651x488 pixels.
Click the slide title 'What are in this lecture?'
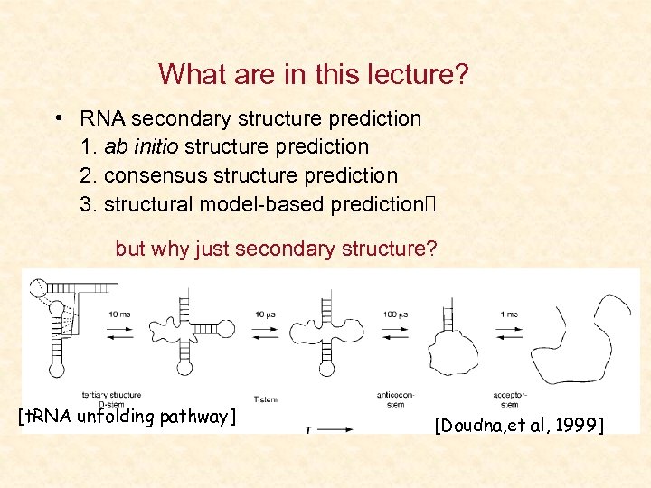pos(314,74)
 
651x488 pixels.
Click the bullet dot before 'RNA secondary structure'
pos(58,118)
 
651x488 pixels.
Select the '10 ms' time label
pos(119,314)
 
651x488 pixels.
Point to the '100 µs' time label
pos(394,314)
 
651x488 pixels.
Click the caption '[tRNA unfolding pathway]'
pos(127,417)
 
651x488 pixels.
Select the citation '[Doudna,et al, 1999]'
pos(519,425)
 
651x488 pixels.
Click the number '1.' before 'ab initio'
pos(90,146)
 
